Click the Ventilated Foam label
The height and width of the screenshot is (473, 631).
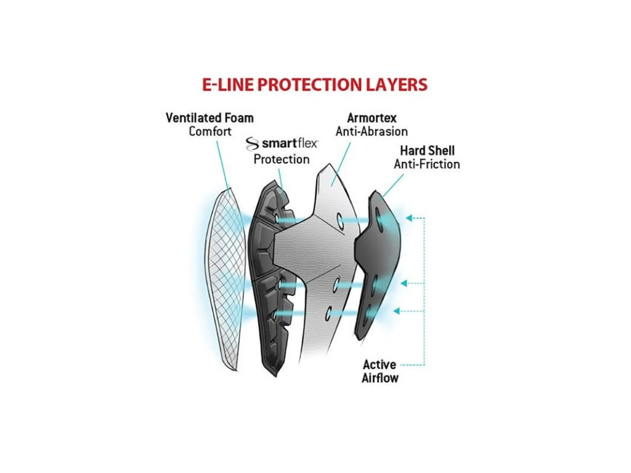pyautogui.click(x=210, y=118)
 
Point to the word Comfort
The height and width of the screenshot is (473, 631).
pyautogui.click(x=210, y=131)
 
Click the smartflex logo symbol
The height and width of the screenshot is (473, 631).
pyautogui.click(x=253, y=144)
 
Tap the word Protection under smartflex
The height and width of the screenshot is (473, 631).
pyautogui.click(x=282, y=160)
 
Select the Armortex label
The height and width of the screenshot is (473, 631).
pyautogui.click(x=372, y=118)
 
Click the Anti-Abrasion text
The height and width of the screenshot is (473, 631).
pyautogui.click(x=372, y=131)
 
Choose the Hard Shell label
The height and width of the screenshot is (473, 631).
pyautogui.click(x=427, y=151)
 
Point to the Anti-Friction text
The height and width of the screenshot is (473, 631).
pyautogui.click(x=427, y=164)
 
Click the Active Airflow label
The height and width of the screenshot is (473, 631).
pyautogui.click(x=380, y=371)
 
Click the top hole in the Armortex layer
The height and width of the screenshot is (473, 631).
pyautogui.click(x=338, y=220)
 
